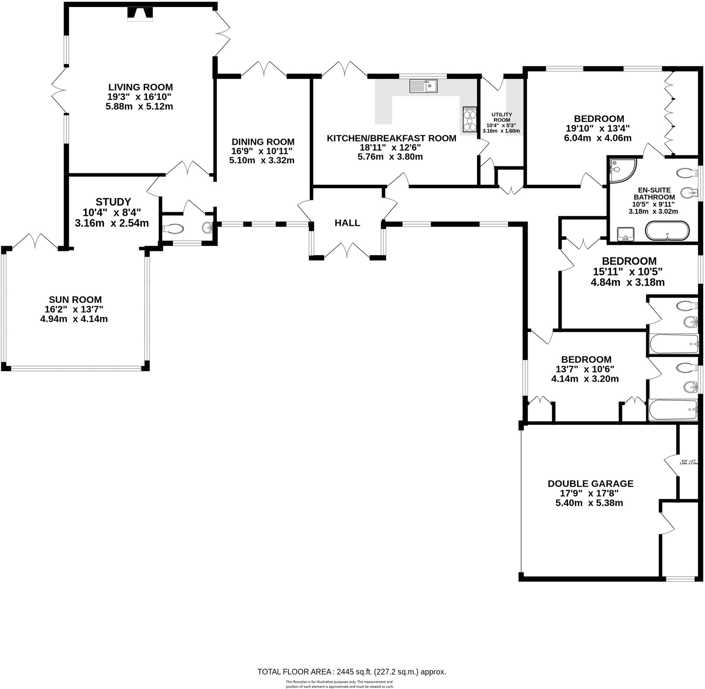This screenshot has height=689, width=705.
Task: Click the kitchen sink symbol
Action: tap(423, 86)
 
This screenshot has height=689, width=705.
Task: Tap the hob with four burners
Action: tap(470, 119)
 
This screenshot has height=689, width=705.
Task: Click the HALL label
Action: tap(347, 223)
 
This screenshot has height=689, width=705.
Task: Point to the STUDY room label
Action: tap(113, 202)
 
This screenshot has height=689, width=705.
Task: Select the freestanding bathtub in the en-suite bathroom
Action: tap(667, 231)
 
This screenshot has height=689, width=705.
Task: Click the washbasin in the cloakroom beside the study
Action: tap(207, 228)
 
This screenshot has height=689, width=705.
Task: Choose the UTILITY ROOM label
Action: tap(502, 117)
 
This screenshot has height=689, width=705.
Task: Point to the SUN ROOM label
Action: tap(75, 300)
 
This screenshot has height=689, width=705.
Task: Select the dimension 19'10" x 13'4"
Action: tap(598, 128)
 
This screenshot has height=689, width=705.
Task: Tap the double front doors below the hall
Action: tap(347, 250)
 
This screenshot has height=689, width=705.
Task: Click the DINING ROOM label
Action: tap(263, 142)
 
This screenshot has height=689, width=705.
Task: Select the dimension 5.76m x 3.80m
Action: tap(390, 157)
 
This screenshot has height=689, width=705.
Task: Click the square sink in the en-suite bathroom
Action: tap(625, 233)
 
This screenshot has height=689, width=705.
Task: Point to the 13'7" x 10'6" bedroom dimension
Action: tap(585, 369)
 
